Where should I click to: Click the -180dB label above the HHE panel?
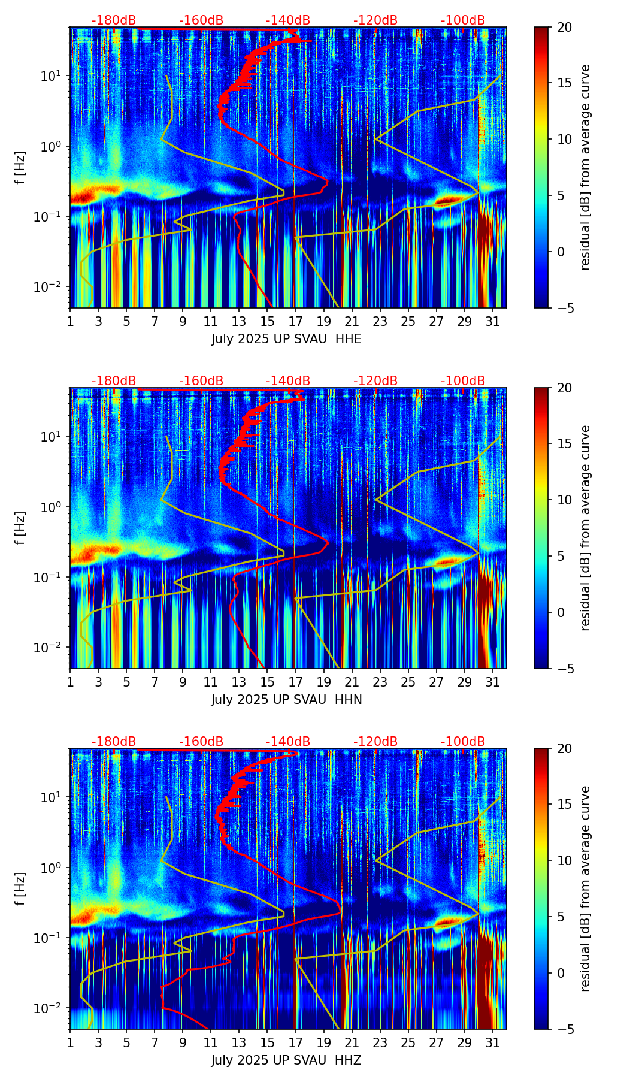114,20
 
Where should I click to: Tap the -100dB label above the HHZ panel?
463,742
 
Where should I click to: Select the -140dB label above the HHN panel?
288,381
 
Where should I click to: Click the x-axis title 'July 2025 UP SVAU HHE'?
286,339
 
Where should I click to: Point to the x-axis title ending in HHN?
286,700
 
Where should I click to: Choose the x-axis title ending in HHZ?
286,1060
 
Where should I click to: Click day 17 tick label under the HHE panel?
295,322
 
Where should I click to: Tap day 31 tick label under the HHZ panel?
492,1043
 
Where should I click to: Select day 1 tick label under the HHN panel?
70,682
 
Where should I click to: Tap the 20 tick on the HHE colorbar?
564,27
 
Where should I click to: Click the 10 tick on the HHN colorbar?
564,500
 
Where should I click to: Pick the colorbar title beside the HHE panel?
585,167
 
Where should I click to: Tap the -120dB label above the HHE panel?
375,20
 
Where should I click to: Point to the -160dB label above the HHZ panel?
201,742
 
